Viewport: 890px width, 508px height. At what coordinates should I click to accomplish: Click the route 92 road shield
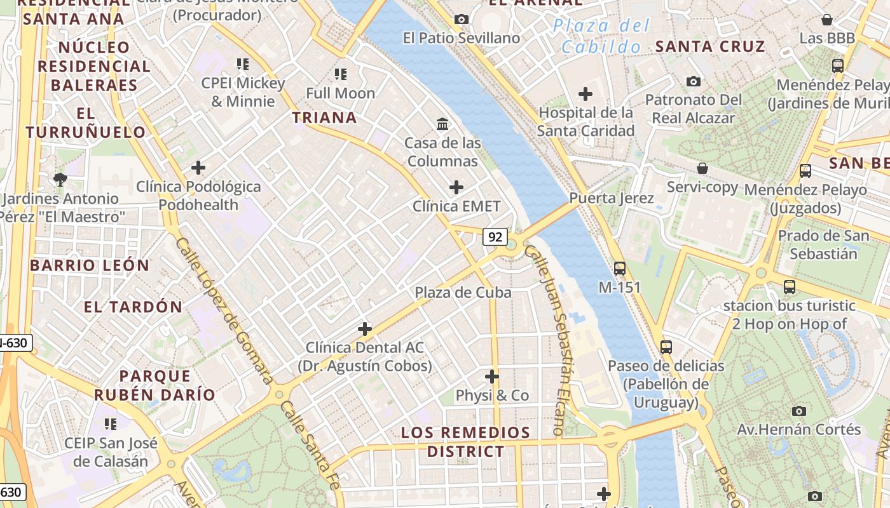point(495,237)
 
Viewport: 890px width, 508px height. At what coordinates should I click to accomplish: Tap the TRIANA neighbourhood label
point(324,117)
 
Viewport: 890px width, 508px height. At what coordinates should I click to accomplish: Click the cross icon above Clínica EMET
point(456,187)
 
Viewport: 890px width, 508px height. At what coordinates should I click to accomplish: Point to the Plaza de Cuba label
point(463,292)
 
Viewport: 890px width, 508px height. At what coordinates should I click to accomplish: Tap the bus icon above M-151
point(620,269)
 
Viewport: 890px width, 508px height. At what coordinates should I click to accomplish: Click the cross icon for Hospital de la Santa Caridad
point(585,95)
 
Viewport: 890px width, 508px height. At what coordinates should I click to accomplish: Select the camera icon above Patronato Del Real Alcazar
point(694,81)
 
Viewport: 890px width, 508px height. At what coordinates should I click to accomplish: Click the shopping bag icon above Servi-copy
point(702,168)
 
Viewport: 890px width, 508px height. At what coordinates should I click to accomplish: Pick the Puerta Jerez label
point(611,198)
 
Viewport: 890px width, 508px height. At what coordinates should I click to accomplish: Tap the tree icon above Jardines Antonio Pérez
point(60,180)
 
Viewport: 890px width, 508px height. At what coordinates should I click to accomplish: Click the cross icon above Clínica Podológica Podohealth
point(198,168)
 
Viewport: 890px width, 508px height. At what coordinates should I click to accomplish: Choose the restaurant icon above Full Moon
point(341,74)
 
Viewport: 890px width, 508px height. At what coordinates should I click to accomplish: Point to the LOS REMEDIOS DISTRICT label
point(465,442)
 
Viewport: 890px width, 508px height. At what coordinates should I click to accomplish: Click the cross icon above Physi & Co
point(492,377)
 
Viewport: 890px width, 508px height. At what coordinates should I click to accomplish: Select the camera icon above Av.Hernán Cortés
point(799,411)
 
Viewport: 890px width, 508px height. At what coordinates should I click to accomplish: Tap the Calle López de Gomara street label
point(223,311)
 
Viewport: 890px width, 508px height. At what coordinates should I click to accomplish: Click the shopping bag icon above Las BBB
point(827,20)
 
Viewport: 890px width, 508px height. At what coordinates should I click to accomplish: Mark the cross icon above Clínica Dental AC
point(364,329)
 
